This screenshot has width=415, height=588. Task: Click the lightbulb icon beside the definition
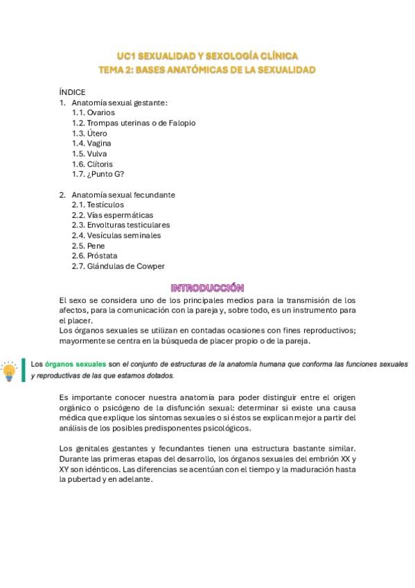click(x=10, y=371)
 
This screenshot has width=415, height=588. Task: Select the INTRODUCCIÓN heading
click(x=207, y=288)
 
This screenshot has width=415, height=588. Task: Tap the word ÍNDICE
click(x=72, y=92)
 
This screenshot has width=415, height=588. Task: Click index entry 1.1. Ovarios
click(x=94, y=112)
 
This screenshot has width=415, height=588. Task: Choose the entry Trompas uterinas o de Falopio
click(x=134, y=123)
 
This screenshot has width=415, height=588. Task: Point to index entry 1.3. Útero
click(x=89, y=133)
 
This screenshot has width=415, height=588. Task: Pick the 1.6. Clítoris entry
click(x=92, y=164)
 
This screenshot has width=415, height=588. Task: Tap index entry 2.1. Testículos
click(x=98, y=205)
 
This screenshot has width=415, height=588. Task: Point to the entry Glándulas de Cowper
click(x=118, y=266)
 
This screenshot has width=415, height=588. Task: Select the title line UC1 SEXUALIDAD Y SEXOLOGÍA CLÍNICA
click(x=207, y=56)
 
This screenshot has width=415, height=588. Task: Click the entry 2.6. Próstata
click(x=94, y=256)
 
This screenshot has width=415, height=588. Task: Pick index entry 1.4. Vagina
click(x=91, y=144)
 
